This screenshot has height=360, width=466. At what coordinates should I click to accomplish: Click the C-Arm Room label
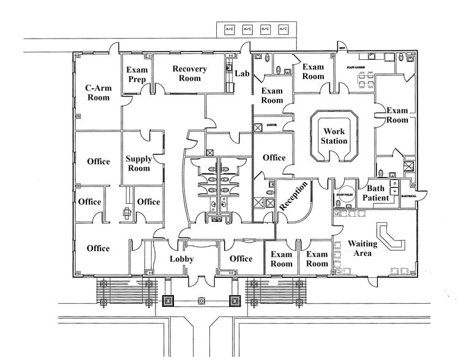point(98,92)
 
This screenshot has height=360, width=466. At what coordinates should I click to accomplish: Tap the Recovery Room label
point(189,73)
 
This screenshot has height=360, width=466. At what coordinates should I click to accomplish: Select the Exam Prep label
point(137,75)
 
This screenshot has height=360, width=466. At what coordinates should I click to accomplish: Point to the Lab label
point(242,73)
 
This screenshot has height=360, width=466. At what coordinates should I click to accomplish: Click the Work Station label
point(334,136)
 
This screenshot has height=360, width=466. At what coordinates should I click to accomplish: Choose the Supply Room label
point(138,163)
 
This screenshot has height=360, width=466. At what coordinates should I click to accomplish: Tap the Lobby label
point(181,259)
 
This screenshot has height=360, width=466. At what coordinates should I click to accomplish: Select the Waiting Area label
point(363,249)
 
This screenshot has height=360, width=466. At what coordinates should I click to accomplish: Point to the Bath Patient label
point(375,193)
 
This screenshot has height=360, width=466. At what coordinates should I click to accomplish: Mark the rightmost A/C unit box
point(284,29)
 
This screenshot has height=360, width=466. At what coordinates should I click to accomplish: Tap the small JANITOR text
point(272,125)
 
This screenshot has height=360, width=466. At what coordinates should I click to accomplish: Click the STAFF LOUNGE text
point(356,67)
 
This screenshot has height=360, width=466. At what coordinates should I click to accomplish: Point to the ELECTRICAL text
point(409,196)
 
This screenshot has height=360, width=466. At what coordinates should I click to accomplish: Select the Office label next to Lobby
point(241,258)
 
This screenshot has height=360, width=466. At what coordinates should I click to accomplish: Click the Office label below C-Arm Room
point(98,162)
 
